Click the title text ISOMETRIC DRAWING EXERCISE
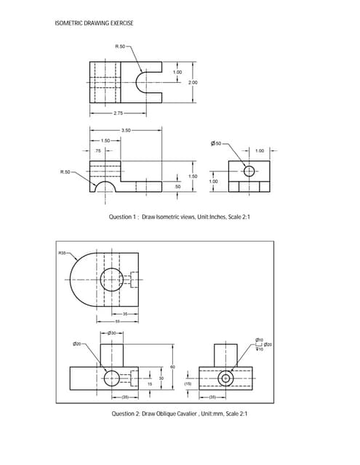pyautogui.click(x=94, y=23)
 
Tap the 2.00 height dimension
pyautogui.click(x=193, y=84)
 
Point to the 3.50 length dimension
pyautogui.click(x=126, y=131)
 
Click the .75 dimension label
pyautogui.click(x=97, y=150)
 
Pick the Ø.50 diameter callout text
pyautogui.click(x=215, y=144)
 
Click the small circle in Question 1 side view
pyautogui.click(x=249, y=171)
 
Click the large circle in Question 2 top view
pyautogui.click(x=113, y=279)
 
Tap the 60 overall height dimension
pyautogui.click(x=172, y=367)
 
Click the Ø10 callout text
pyautogui.click(x=260, y=339)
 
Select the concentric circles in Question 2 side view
pyautogui.click(x=226, y=379)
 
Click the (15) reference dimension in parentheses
pyautogui.click(x=187, y=382)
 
